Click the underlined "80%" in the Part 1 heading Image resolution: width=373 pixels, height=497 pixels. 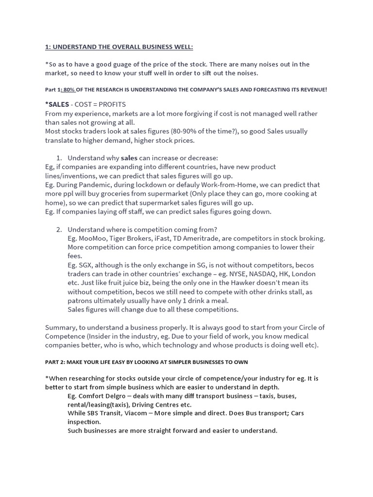[x=68, y=90]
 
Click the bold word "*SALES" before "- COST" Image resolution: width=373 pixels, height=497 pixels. [x=57, y=104]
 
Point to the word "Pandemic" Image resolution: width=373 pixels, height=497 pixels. [x=97, y=185]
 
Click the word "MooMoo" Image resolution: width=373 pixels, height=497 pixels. [x=92, y=238]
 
